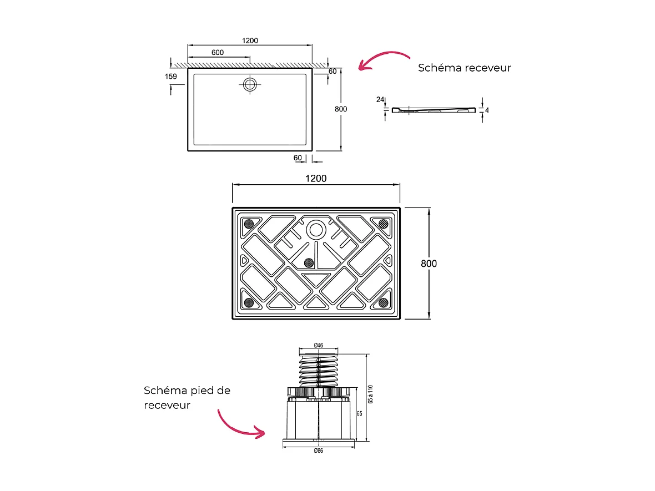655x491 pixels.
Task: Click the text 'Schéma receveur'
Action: coord(464,68)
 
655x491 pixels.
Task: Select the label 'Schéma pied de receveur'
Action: coord(187,398)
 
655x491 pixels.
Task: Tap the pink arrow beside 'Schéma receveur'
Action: coord(382,60)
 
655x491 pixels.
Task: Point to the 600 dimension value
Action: coord(218,53)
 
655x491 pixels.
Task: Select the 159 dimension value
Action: coord(171,77)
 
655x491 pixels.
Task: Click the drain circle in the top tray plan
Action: coord(250,84)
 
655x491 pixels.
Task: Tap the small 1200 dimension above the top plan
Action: coord(250,41)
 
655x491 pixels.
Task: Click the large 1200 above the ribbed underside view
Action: coord(316,179)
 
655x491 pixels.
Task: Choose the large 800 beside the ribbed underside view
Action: coord(428,264)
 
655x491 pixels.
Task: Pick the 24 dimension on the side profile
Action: coord(380,100)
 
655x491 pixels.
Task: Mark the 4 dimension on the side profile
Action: coord(487,110)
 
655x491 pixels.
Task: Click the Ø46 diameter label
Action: coord(318,346)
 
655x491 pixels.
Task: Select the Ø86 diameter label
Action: coord(318,450)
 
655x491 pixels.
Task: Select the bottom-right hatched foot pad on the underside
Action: coord(383,302)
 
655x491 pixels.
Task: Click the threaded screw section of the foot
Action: coord(318,371)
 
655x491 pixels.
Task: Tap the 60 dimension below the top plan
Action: coord(298,158)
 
